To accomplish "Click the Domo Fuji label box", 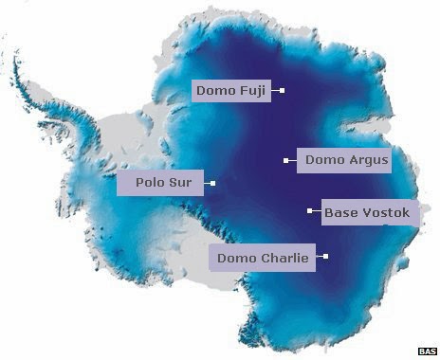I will click(x=231, y=91).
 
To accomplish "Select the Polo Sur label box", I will click(x=160, y=183).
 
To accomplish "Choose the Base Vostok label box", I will click(x=366, y=213).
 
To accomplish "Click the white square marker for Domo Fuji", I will click(x=282, y=91).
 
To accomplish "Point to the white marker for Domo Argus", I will click(x=285, y=161).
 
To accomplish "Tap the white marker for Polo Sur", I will click(x=213, y=183).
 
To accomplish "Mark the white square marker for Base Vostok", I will click(x=309, y=211).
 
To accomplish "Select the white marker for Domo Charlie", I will click(x=326, y=256).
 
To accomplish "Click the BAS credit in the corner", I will click(x=428, y=351).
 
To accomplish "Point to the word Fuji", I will click(x=253, y=91).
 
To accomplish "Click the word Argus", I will click(x=367, y=161).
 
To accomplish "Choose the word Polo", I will click(x=150, y=183).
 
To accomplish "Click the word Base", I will click(x=340, y=213).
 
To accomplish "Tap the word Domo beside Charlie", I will click(x=235, y=257).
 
